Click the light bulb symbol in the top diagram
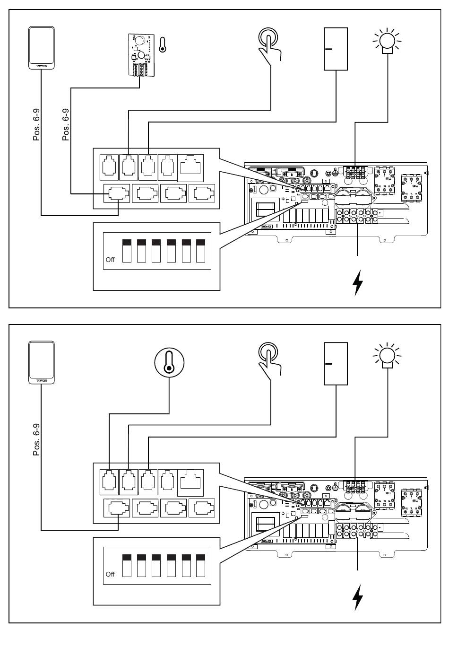(x=387, y=41)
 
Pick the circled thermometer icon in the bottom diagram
(x=169, y=364)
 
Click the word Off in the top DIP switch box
(x=110, y=260)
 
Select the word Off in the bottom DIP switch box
(x=110, y=574)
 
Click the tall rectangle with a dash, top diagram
(x=336, y=49)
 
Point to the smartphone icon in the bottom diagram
(x=42, y=363)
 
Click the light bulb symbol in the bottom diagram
(x=387, y=355)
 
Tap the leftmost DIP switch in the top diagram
(x=127, y=251)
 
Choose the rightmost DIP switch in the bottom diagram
(x=201, y=565)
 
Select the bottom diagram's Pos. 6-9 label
(x=36, y=439)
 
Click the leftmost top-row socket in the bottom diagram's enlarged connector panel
(x=109, y=482)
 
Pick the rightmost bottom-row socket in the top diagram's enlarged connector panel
(x=202, y=194)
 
